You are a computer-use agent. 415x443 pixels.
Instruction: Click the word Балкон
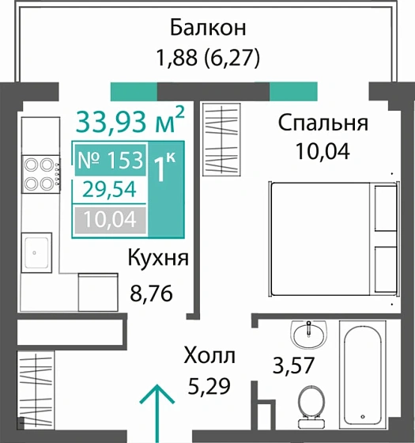[209, 28]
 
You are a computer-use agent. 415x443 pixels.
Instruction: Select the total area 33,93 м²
[130, 123]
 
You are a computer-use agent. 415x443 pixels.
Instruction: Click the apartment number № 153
[110, 161]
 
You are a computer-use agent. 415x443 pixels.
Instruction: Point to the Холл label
[209, 355]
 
